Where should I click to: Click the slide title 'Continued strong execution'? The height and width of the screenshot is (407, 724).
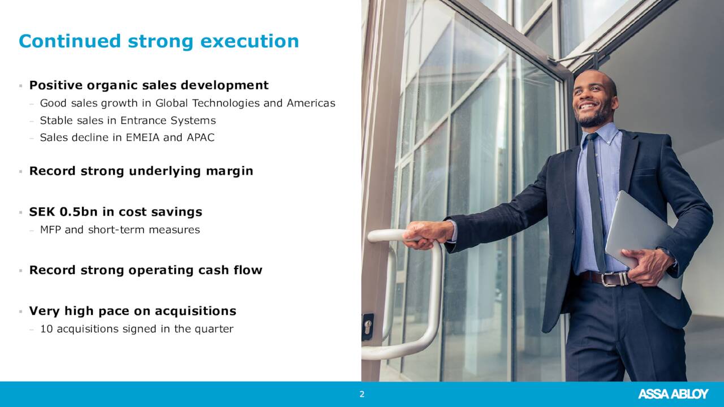pyautogui.click(x=159, y=41)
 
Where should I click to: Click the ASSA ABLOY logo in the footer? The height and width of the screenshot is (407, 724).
pyautogui.click(x=673, y=394)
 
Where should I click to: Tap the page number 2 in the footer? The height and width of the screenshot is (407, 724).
pyautogui.click(x=362, y=395)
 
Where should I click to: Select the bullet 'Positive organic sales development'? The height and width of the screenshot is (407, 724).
pyautogui.click(x=149, y=85)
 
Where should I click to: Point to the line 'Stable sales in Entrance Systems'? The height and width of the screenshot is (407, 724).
pyautogui.click(x=128, y=120)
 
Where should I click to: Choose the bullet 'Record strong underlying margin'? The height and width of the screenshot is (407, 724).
pyautogui.click(x=141, y=171)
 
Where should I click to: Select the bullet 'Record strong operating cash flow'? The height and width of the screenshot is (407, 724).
pyautogui.click(x=145, y=270)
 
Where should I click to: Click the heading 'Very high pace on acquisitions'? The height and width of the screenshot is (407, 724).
pyautogui.click(x=132, y=311)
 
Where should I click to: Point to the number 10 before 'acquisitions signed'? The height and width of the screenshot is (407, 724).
pyautogui.click(x=46, y=329)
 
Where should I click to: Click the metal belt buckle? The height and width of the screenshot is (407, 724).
pyautogui.click(x=611, y=279)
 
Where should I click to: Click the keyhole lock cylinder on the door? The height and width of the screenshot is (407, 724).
pyautogui.click(x=368, y=326)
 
